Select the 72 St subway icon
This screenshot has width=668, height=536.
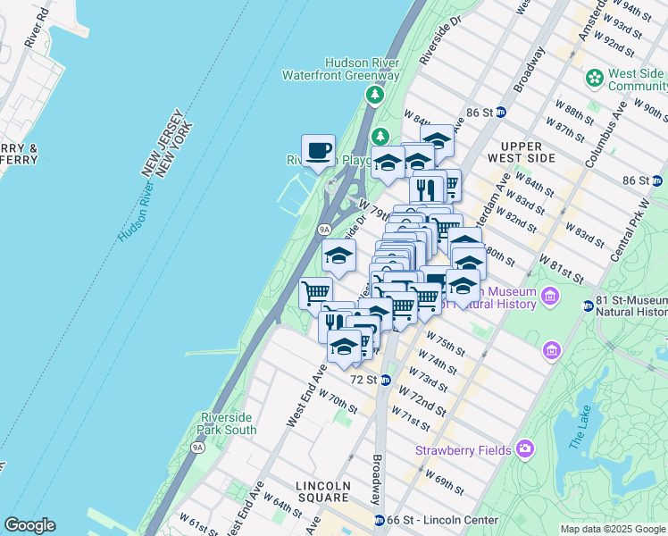[x=386, y=380]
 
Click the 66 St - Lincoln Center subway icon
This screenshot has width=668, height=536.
[x=380, y=520]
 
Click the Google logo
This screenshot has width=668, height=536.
[x=29, y=525]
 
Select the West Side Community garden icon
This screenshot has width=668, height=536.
[x=595, y=79]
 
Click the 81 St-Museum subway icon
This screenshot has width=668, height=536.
[x=588, y=306]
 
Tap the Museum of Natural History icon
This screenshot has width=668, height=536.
[x=550, y=295]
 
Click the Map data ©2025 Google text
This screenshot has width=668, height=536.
[x=613, y=529]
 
